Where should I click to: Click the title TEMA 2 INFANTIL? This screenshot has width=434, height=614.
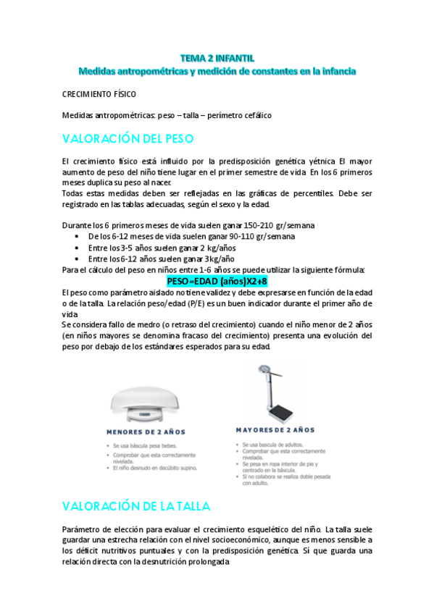217,57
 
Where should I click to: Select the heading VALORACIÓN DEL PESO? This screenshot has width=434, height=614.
128,138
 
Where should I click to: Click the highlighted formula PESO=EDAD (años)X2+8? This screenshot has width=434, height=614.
217,280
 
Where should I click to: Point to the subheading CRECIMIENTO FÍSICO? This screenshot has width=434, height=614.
99,94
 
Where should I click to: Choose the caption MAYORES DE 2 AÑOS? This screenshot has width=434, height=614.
275,429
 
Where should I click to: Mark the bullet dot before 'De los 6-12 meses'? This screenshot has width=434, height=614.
78,237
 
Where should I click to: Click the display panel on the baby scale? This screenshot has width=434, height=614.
135,415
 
